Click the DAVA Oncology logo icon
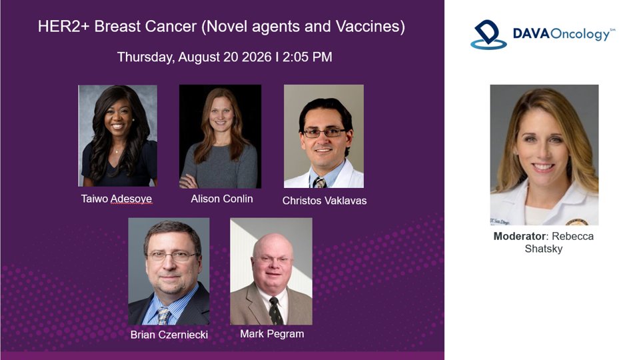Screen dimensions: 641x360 [x=488, y=35]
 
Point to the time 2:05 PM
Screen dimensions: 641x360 [x=307, y=57]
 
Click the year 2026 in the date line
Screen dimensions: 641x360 [x=257, y=57]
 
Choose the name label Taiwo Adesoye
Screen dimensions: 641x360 [x=117, y=199]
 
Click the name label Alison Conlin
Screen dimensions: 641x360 [x=222, y=199]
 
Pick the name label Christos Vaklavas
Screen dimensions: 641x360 [x=324, y=201]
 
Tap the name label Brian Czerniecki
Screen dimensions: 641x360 [x=169, y=335]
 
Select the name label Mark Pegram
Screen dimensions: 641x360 [x=272, y=334]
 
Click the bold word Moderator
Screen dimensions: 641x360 [x=520, y=236]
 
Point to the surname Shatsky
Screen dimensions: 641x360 [x=544, y=249]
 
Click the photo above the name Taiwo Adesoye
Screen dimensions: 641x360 [x=118, y=136]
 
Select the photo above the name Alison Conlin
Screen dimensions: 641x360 [x=221, y=136]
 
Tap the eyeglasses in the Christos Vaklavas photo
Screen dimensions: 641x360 [x=324, y=133]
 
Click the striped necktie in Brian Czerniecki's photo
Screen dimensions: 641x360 [x=163, y=316]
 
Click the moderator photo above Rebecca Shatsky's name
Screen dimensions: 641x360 [x=544, y=155]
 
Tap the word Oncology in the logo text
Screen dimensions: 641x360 [x=580, y=34]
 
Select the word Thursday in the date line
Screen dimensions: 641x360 [x=145, y=57]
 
